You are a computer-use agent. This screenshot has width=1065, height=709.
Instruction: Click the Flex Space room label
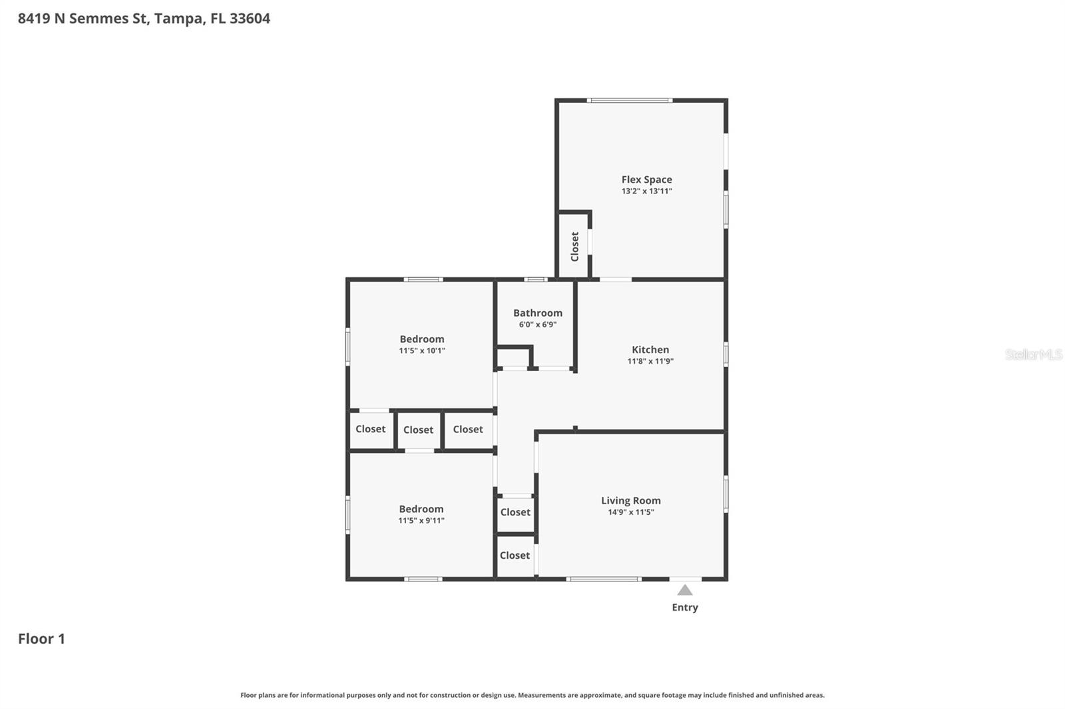click(646, 180)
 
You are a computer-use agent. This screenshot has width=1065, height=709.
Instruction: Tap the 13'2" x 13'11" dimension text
click(646, 192)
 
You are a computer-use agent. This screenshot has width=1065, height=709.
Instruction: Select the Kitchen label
click(650, 350)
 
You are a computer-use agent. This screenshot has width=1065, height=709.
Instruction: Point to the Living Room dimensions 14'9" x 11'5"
click(630, 512)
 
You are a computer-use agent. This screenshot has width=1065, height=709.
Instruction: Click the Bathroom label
click(537, 313)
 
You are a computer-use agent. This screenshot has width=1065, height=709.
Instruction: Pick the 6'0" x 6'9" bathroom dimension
click(537, 325)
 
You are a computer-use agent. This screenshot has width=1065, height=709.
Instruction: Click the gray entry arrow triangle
click(685, 590)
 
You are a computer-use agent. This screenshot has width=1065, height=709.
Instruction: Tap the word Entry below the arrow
click(685, 607)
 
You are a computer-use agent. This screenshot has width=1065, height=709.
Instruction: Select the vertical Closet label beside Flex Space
click(574, 246)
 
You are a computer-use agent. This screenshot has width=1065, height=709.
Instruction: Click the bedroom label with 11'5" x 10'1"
click(421, 339)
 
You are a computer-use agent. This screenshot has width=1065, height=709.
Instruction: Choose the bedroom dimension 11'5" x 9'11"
click(421, 521)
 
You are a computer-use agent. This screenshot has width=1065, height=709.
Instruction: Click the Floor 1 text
click(41, 638)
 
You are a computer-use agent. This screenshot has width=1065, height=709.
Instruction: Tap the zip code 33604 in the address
click(250, 19)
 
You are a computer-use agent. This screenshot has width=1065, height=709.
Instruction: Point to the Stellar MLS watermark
click(1033, 354)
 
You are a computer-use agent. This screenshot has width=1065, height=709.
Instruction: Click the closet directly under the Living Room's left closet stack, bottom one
click(515, 555)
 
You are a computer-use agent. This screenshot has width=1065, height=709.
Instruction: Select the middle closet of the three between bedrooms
click(418, 430)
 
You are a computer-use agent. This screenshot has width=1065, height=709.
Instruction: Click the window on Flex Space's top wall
click(629, 100)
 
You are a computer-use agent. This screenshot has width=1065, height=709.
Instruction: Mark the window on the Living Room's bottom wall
click(604, 579)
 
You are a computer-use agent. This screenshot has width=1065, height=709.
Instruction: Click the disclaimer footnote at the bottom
click(532, 695)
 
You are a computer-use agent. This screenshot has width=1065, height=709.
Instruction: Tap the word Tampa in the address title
click(178, 19)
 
